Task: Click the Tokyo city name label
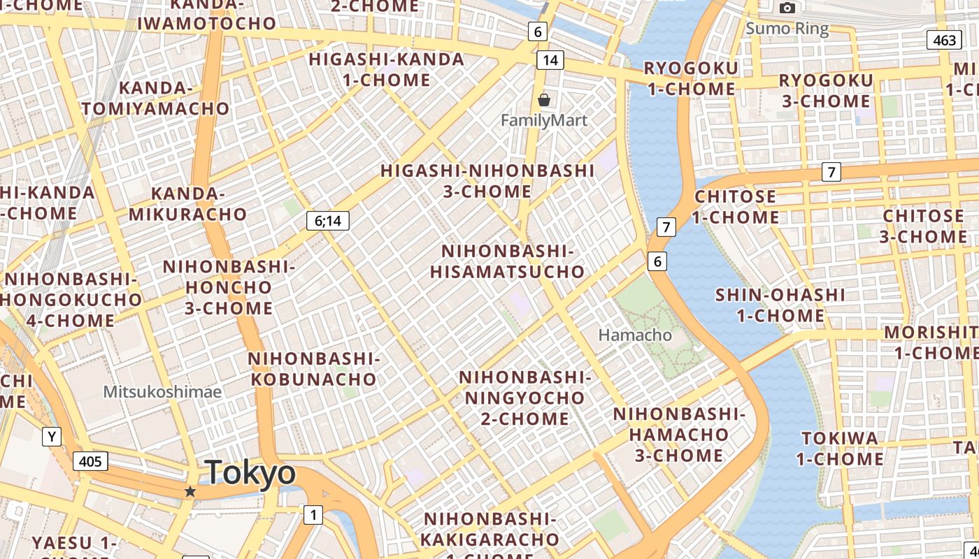pos(250,472)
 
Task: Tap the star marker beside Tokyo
pos(190,491)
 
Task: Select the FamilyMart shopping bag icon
pos(544,100)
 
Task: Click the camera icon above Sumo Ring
pos(787,8)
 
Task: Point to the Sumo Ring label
pos(787,29)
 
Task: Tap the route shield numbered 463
pos(944,40)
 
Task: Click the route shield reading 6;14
pos(327,221)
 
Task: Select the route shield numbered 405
pos(90,460)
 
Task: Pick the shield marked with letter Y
pos(51,437)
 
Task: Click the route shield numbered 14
pos(550,60)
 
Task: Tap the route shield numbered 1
pos(313,515)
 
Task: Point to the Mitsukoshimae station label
pos(162,391)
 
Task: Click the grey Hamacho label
pos(635,335)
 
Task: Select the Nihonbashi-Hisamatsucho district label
pos(507,261)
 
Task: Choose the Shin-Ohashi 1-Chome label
pos(780,305)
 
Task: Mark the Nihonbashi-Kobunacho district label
pos(313,369)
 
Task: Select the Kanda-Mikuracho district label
pos(187,203)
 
